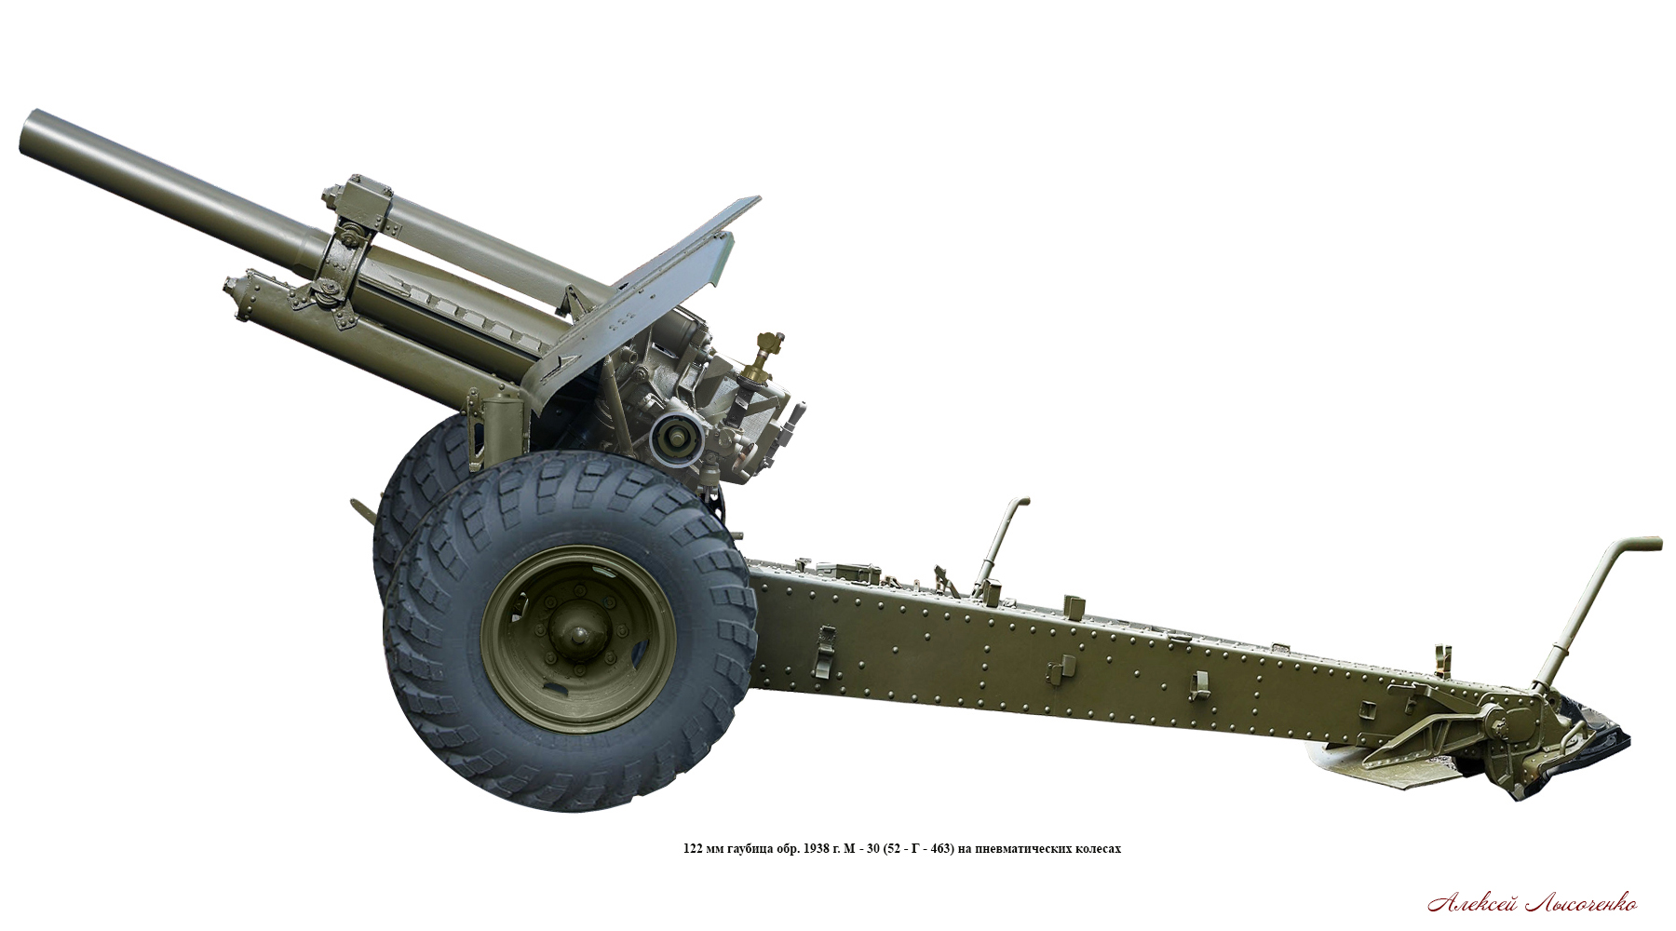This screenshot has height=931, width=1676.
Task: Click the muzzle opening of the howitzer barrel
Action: tap(29, 133)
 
